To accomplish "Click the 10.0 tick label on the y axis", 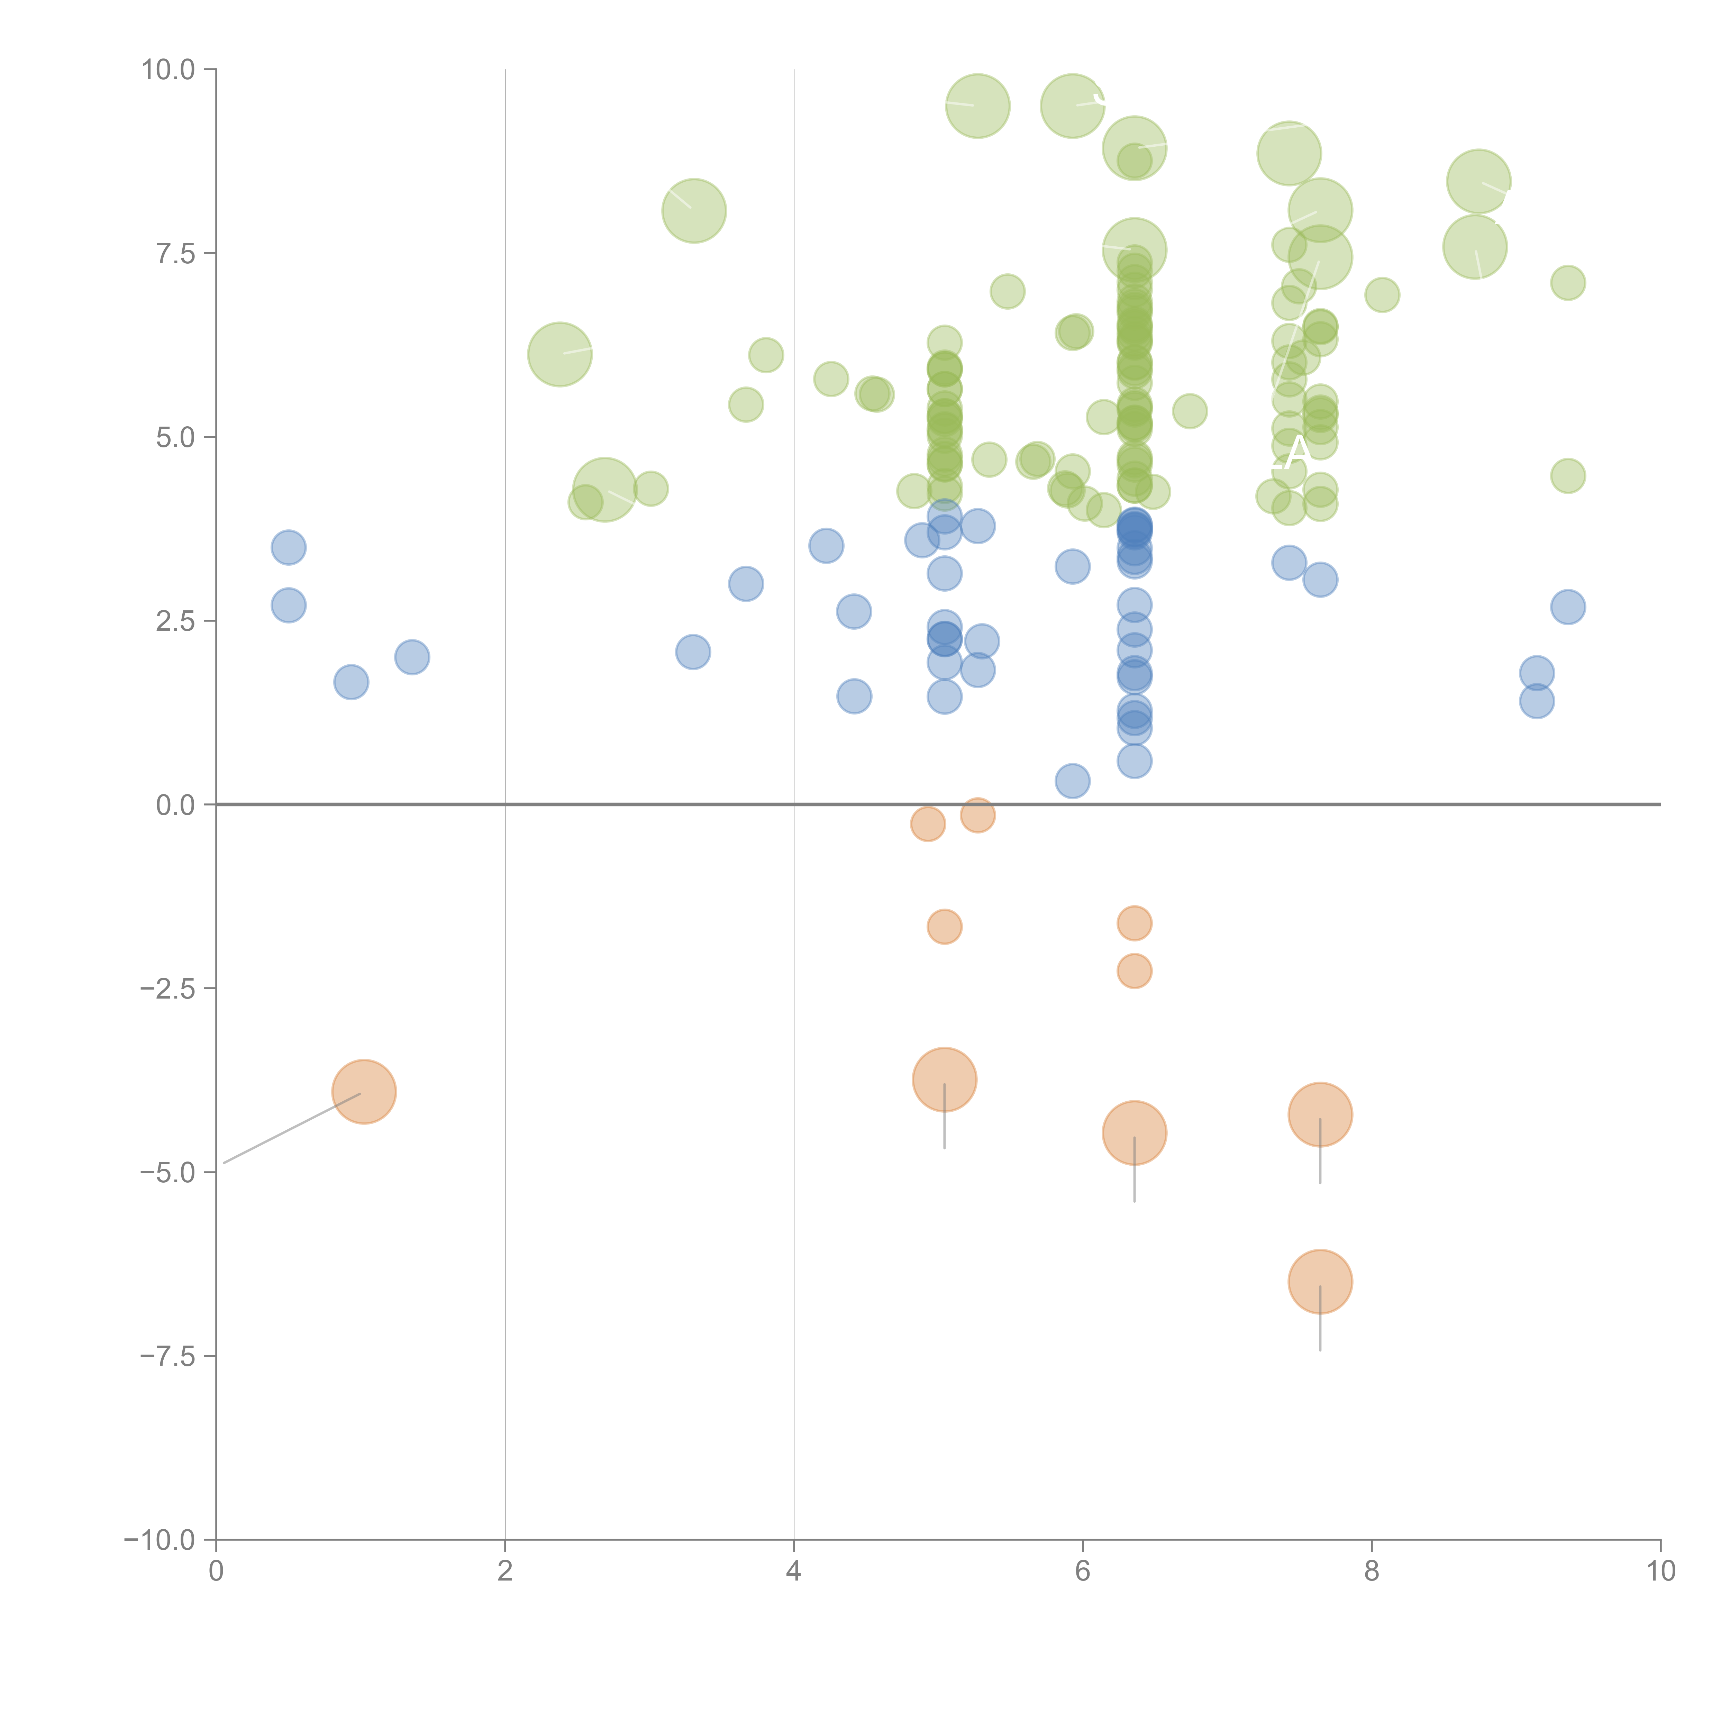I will coord(169,70).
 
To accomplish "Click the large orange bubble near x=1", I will coord(364,1092).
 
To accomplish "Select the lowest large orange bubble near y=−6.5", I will coord(1320,1281).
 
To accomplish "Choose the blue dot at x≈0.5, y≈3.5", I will coord(288,547).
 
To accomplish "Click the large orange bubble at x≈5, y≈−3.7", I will coord(944,1079).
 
